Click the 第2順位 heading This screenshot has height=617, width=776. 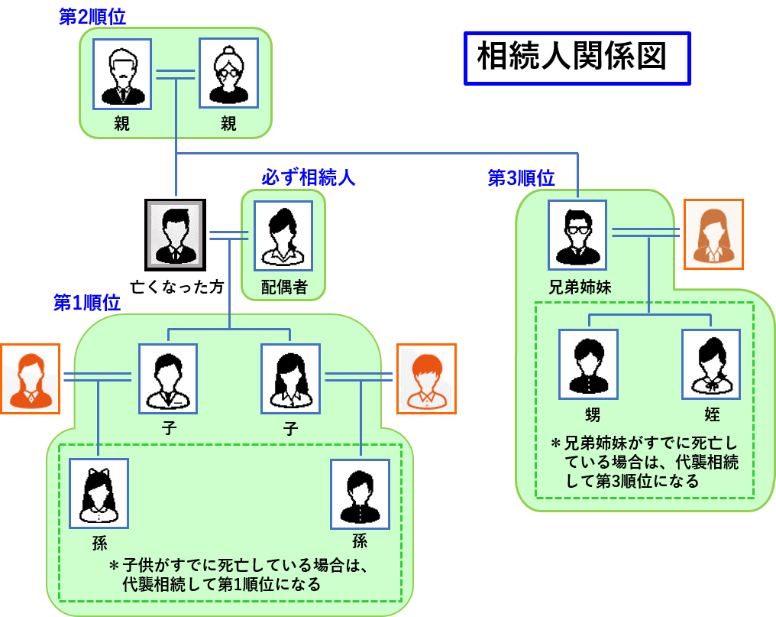point(92,17)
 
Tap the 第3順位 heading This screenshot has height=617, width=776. point(522,178)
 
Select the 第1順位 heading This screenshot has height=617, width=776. point(87,302)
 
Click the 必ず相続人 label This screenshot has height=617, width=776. point(309,177)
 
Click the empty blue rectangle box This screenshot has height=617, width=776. point(577,58)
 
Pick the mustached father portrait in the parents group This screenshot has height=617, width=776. point(122,74)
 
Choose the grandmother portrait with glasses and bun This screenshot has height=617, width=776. point(228,74)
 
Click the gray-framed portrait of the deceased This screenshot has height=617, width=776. point(175,234)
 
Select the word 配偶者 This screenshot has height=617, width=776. point(283,287)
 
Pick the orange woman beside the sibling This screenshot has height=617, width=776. point(713,234)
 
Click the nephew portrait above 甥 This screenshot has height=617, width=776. point(588,364)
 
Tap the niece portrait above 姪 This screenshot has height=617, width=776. point(711,364)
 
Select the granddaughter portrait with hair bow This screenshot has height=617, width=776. point(99,493)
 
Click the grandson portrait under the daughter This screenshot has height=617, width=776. point(360,494)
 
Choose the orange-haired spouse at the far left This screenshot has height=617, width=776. point(30,378)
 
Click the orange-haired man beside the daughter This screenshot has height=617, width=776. point(426,378)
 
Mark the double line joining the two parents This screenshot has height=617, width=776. point(176,74)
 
